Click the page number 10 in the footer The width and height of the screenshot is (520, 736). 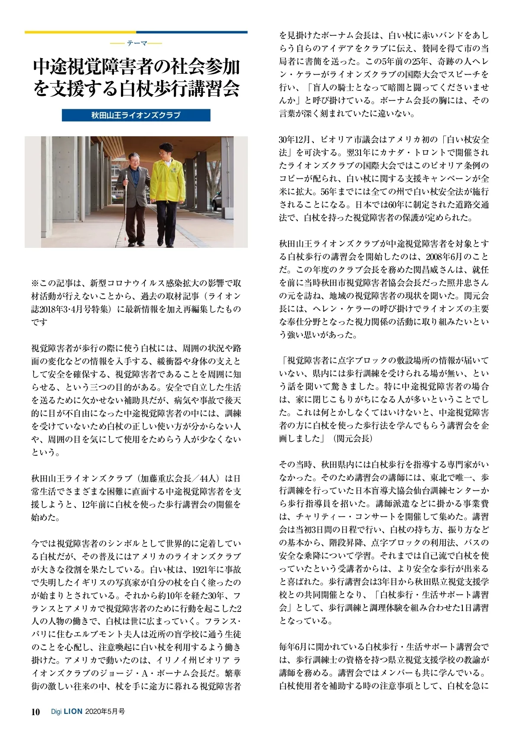coord(36,712)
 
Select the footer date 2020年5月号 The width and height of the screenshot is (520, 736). coord(105,712)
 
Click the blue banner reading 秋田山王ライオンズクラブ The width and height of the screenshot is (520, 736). coord(136,115)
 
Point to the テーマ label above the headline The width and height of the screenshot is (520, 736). coord(136,43)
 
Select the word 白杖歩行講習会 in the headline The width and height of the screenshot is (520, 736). coord(179,89)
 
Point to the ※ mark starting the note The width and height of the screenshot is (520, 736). coord(35,283)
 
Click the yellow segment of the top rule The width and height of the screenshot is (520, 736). coord(80,32)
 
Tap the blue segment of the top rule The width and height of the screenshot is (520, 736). coord(192,32)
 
